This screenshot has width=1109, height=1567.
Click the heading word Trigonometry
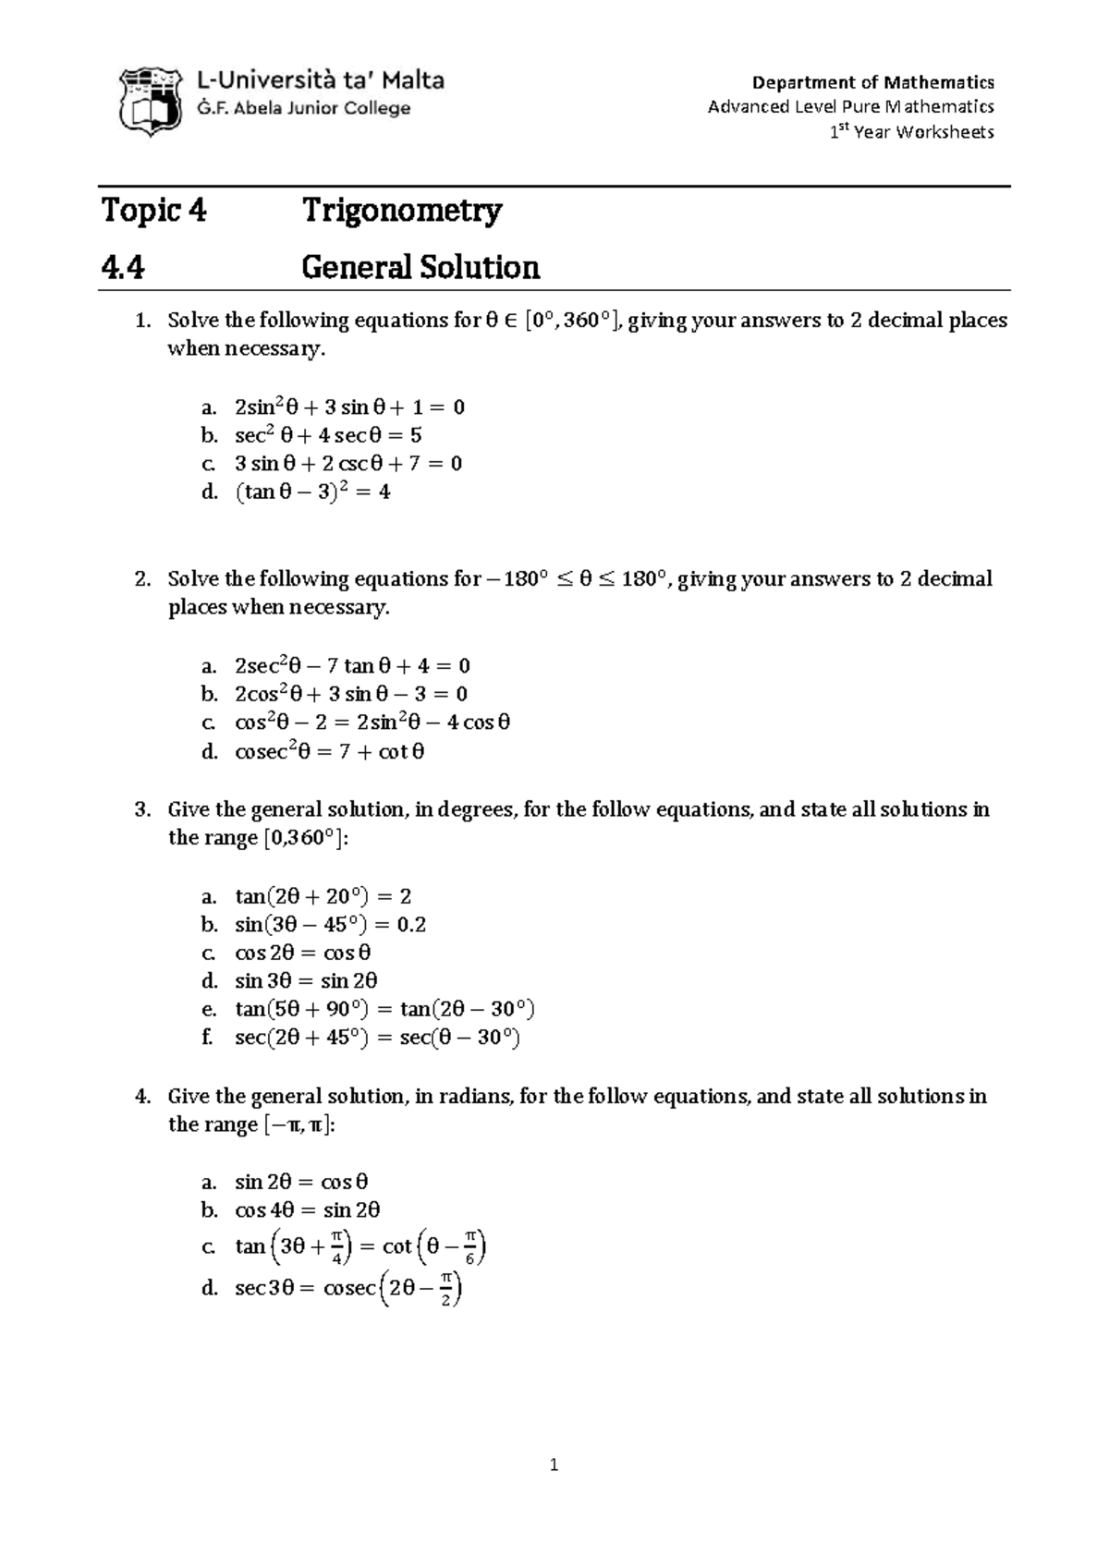coord(402,211)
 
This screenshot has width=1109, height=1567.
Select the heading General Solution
coord(420,268)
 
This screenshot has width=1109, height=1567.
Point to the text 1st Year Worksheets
coord(911,132)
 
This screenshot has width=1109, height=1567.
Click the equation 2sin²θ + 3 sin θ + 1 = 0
coord(349,407)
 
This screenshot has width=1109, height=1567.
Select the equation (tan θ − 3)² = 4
coord(312,492)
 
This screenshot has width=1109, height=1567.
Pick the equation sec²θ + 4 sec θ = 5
coord(328,435)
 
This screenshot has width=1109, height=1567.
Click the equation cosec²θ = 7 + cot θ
coord(330,752)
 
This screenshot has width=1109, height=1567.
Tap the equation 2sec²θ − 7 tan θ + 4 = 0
coord(352,666)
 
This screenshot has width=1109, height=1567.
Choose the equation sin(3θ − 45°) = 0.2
coord(330,925)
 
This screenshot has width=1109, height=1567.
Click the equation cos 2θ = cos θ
coord(303,953)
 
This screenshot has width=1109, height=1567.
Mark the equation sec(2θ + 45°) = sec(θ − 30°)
coord(377,1038)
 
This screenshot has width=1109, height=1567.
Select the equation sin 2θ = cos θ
coord(301,1182)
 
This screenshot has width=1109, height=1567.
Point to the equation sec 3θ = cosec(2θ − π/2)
coord(347,1288)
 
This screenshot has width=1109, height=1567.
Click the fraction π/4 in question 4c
coord(336,1248)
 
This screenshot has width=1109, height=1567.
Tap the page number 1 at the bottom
coord(554,1464)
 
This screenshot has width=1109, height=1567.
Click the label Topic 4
coord(154,211)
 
